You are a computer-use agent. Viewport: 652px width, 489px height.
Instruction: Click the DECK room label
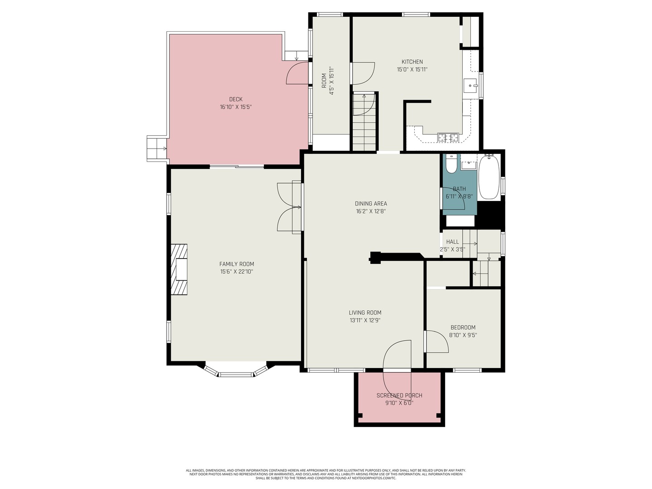(x=235, y=99)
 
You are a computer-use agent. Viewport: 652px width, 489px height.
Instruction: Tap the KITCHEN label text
(x=412, y=62)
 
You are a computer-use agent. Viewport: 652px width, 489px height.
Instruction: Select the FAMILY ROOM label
(x=236, y=264)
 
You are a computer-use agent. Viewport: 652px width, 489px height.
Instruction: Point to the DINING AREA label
(x=371, y=204)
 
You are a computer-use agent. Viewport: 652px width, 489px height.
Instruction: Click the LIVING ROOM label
(x=365, y=312)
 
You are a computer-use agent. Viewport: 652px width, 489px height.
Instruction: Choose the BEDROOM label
(x=463, y=327)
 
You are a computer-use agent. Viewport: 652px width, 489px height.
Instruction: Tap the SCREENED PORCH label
(x=399, y=395)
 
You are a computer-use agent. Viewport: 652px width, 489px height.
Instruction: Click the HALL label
(x=452, y=242)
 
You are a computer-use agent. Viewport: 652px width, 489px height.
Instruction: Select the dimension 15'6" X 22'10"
(x=236, y=271)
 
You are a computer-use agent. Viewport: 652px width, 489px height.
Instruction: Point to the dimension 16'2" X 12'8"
(x=371, y=211)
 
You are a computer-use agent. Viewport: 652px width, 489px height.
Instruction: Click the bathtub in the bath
(x=489, y=177)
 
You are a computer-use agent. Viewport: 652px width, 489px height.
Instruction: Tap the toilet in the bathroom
(x=451, y=164)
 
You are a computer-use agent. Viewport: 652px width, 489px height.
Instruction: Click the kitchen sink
(x=470, y=86)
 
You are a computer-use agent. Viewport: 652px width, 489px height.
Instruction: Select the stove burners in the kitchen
(x=448, y=138)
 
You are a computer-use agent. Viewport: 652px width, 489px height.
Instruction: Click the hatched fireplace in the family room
(x=179, y=269)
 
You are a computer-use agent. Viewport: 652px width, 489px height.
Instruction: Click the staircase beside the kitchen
(x=364, y=122)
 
